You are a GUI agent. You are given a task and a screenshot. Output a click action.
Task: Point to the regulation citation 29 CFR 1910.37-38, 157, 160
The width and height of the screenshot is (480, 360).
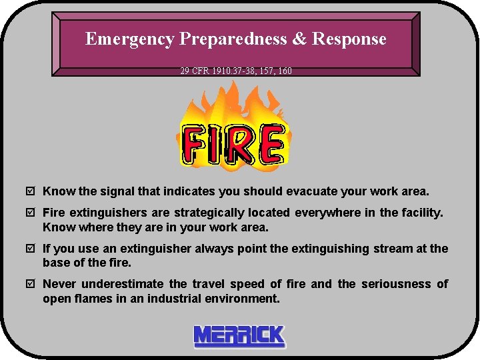click(x=236, y=70)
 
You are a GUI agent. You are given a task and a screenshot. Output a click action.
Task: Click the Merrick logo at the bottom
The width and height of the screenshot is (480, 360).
click(x=239, y=337)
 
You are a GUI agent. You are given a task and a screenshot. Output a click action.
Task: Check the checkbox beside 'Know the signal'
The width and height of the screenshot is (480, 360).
click(x=31, y=192)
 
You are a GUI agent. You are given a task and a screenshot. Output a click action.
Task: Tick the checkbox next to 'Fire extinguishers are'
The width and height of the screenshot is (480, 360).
click(x=31, y=213)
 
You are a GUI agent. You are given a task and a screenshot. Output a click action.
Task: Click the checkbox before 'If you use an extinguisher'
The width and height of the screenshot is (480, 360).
click(x=31, y=249)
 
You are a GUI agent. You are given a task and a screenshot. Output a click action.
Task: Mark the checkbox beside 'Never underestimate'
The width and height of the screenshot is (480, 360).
click(x=31, y=285)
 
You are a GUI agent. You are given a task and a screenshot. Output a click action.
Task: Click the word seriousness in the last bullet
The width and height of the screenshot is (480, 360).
click(x=395, y=285)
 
